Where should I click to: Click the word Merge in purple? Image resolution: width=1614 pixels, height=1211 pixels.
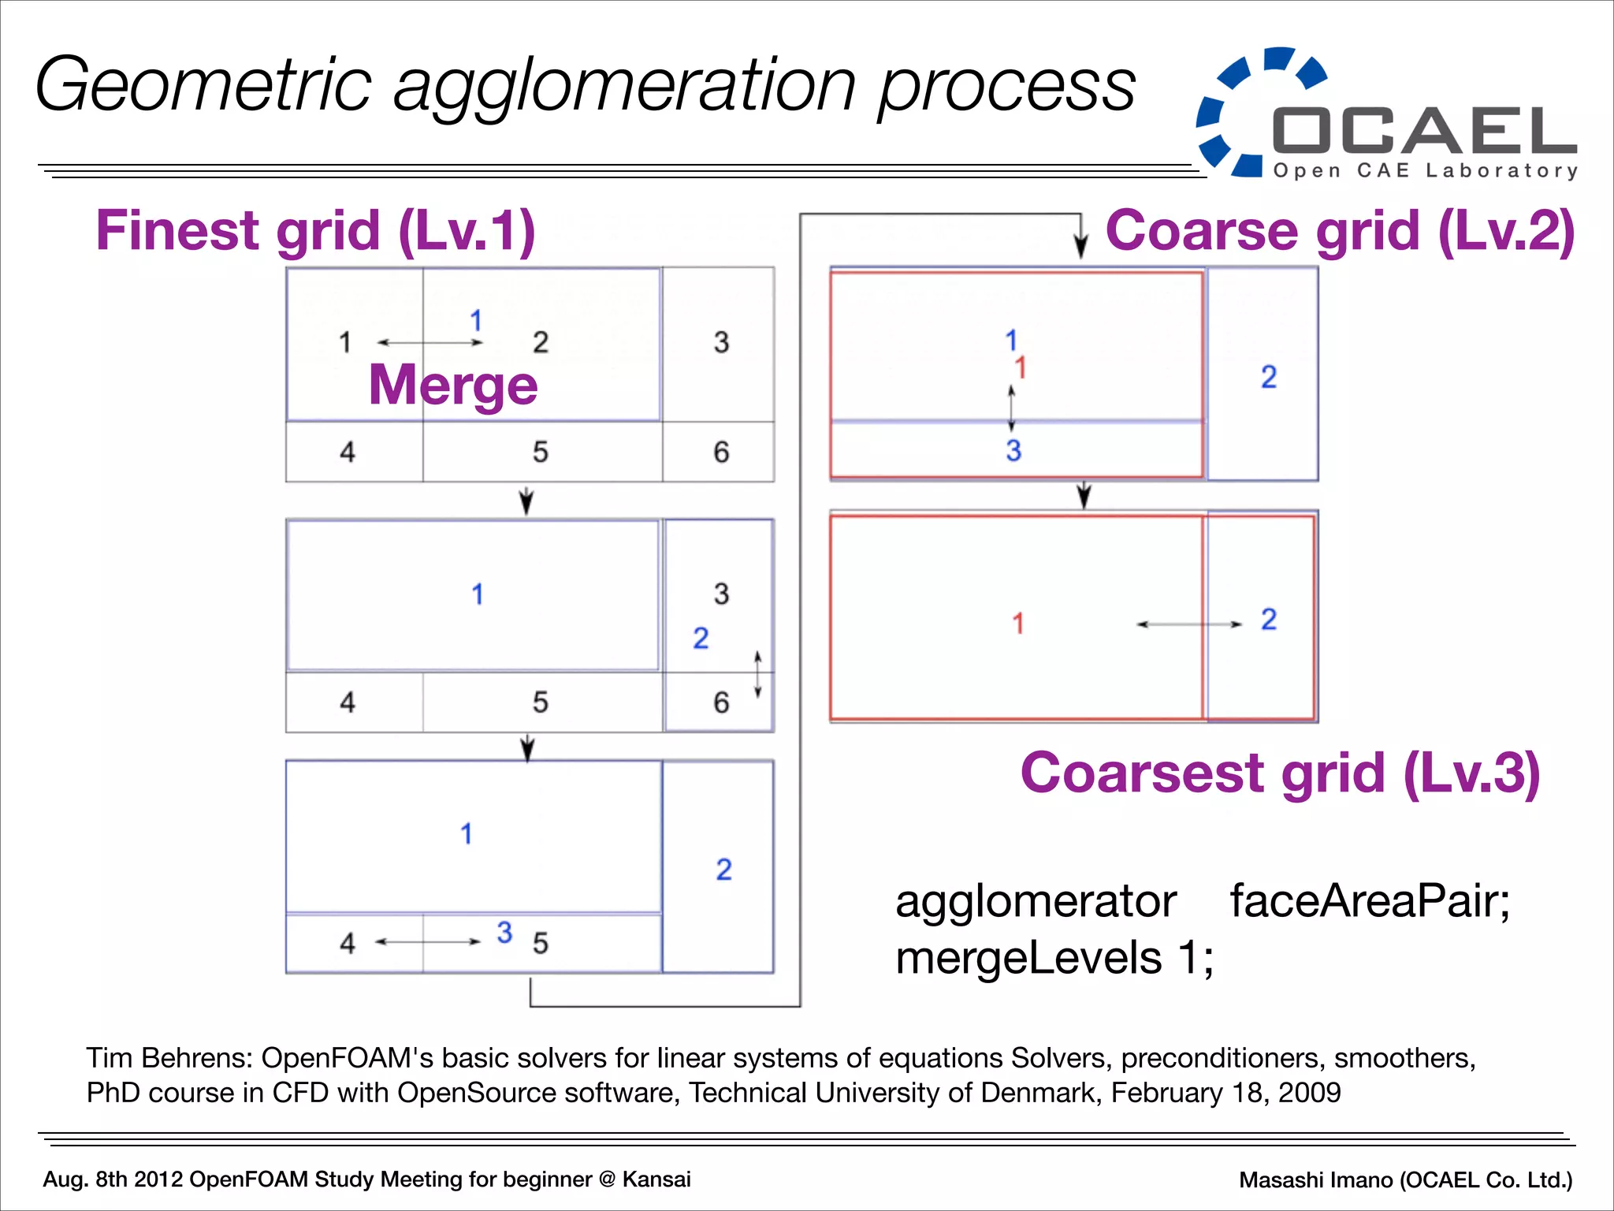[452, 386]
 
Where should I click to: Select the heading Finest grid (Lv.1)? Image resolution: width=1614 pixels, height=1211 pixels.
[315, 230]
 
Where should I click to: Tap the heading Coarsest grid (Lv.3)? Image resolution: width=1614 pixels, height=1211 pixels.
[1280, 773]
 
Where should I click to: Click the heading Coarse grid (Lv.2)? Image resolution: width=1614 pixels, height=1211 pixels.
[1340, 230]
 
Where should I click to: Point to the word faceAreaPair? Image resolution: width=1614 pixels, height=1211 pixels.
[1370, 901]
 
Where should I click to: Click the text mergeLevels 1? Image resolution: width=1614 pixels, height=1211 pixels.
[1054, 959]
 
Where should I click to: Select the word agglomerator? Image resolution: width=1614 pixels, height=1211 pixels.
[1036, 901]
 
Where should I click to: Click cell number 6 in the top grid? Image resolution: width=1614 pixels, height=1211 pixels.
[721, 453]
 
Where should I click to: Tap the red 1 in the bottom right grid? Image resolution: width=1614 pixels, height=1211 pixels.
[1018, 624]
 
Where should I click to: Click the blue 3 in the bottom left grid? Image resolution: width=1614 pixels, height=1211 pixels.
[504, 933]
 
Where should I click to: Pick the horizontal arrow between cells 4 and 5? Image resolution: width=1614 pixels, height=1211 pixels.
[428, 941]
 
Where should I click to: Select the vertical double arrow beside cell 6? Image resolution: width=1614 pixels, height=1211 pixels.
[757, 674]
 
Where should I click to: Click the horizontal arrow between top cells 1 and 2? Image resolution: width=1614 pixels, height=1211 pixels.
[430, 343]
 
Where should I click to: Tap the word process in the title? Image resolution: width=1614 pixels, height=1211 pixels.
[1006, 85]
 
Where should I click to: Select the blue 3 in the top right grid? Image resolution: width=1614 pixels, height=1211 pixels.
[1013, 451]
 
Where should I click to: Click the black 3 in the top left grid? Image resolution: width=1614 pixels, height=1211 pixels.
[721, 343]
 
